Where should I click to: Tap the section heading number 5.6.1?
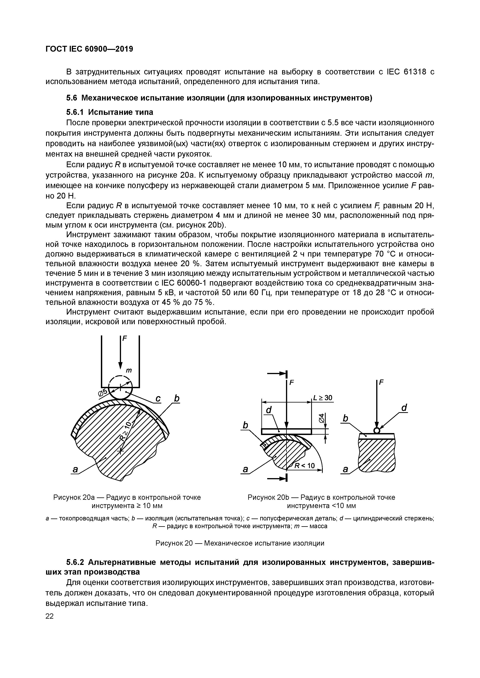coord(75,112)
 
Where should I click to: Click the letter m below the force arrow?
coord(129,370)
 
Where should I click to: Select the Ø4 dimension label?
coord(322,417)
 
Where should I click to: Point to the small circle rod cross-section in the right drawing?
coord(376,431)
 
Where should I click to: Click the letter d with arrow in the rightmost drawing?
coord(404,408)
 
